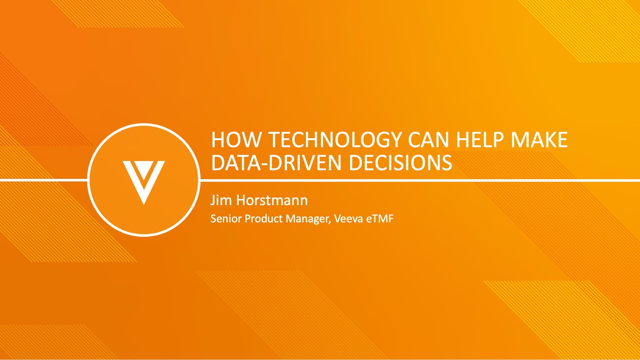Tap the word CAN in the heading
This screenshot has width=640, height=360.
428,140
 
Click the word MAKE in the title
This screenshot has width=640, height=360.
539,140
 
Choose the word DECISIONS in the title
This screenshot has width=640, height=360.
400,163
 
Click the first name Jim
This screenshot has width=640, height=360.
221,200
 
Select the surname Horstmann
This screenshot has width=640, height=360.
272,200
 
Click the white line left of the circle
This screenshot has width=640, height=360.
44,180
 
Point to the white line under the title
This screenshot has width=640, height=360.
420,180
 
